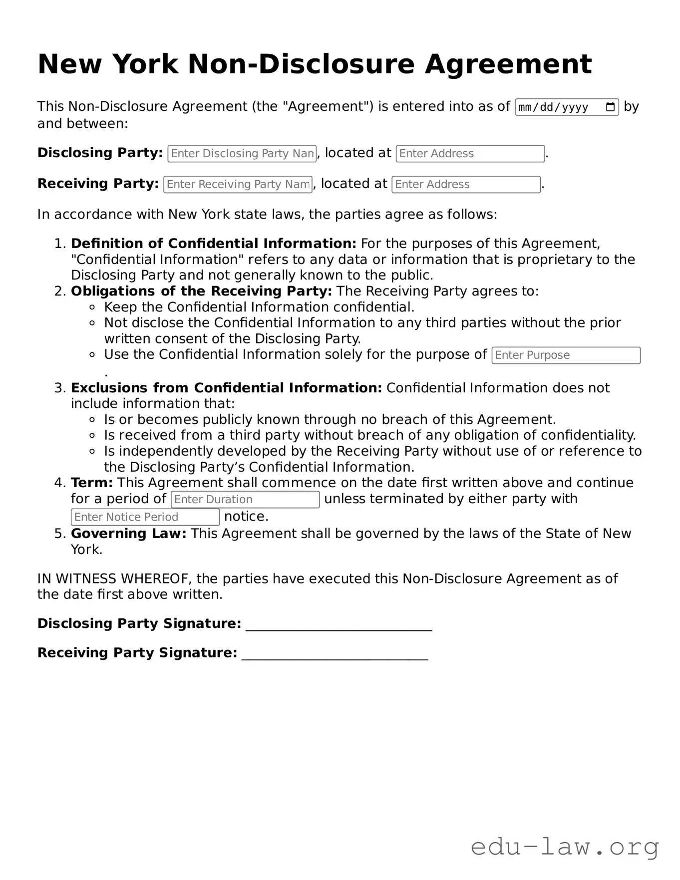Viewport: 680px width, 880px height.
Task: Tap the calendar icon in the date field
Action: (x=610, y=107)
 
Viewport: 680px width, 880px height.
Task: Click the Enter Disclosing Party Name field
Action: (x=242, y=153)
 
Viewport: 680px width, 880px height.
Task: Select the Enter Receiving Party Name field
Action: (x=238, y=184)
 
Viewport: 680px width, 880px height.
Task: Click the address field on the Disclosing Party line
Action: (x=470, y=153)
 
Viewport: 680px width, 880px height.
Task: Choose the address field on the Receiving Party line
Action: (x=466, y=184)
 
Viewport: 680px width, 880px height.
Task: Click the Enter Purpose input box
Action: (x=566, y=355)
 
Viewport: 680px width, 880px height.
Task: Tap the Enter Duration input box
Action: (x=245, y=500)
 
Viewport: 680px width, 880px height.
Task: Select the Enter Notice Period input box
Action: (x=145, y=517)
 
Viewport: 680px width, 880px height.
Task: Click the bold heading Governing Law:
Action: (x=129, y=534)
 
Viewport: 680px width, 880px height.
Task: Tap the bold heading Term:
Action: (x=92, y=483)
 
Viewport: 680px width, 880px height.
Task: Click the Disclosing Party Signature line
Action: (x=339, y=625)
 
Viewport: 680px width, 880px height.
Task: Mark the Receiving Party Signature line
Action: (x=335, y=654)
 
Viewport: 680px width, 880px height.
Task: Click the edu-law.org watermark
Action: (x=565, y=847)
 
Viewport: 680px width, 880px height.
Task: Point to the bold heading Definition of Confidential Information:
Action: (x=213, y=244)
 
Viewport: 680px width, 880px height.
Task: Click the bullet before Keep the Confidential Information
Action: (x=92, y=307)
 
